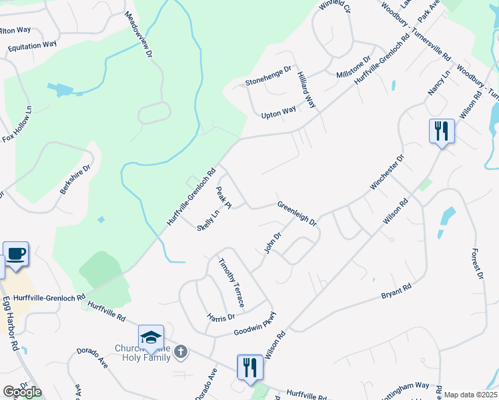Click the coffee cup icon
tap(15, 254)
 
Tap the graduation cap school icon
tap(151, 337)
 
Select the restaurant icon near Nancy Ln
tap(441, 131)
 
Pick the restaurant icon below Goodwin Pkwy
tap(250, 367)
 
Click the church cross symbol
tap(180, 351)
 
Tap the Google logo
tap(21, 392)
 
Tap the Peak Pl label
tap(223, 197)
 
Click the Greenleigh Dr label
tap(297, 213)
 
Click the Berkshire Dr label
tap(75, 179)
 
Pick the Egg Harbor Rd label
tap(9, 324)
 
